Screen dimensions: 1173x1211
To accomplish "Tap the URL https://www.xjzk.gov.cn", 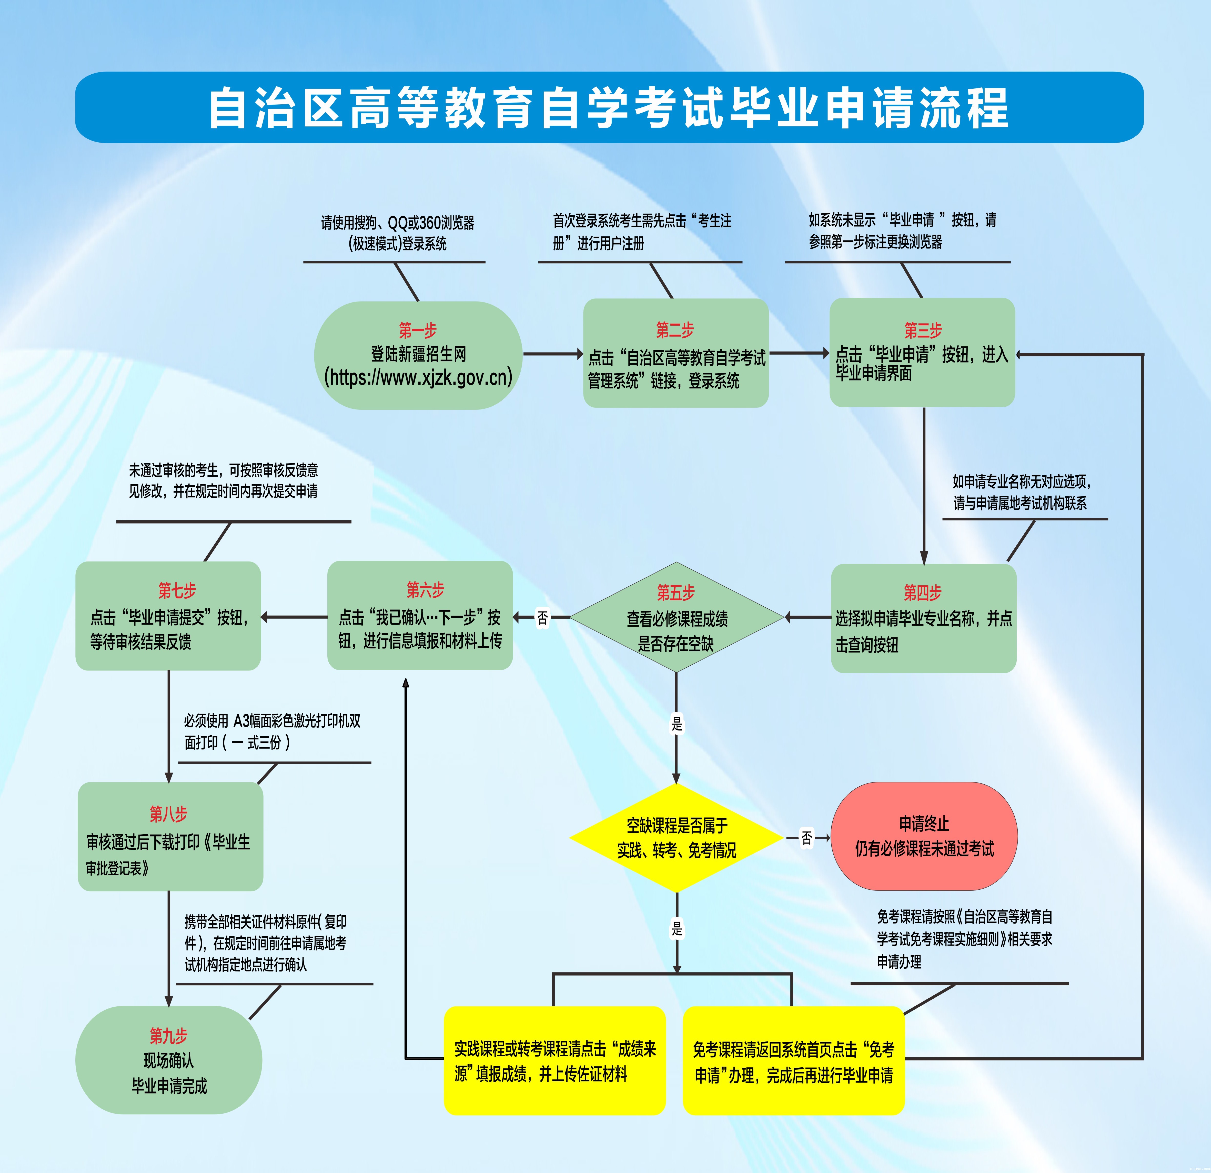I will click(x=418, y=377).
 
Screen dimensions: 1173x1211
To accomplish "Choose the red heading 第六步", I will click(x=425, y=590).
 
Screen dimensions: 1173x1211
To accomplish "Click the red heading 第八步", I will click(x=168, y=814).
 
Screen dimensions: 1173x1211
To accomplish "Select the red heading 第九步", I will click(x=168, y=1035).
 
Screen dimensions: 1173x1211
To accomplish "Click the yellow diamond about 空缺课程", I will click(x=677, y=837).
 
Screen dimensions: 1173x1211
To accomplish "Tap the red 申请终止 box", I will click(x=924, y=836).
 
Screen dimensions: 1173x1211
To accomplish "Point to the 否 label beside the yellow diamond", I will click(x=806, y=838).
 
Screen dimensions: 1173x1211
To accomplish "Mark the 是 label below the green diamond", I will click(x=677, y=724).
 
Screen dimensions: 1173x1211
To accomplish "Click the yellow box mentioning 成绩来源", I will click(x=554, y=1061).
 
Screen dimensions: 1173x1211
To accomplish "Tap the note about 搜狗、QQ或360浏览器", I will click(x=397, y=232).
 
